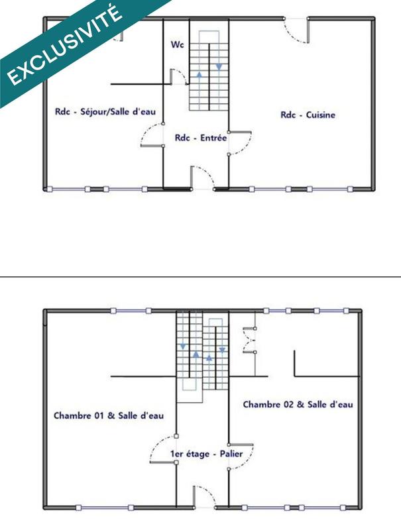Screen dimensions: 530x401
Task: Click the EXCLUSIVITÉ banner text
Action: [65, 45]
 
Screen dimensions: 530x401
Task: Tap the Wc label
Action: [177, 45]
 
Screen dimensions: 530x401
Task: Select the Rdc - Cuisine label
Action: [308, 115]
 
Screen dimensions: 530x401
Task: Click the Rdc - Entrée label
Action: [201, 138]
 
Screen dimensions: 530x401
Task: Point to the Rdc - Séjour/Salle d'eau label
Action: [105, 112]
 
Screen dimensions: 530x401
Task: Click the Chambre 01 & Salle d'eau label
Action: [109, 415]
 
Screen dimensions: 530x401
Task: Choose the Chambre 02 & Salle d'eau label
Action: [298, 403]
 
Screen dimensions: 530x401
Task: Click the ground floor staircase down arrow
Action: [219, 66]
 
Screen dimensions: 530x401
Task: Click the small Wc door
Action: [178, 76]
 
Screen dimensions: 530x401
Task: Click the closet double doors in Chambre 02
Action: [251, 341]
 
